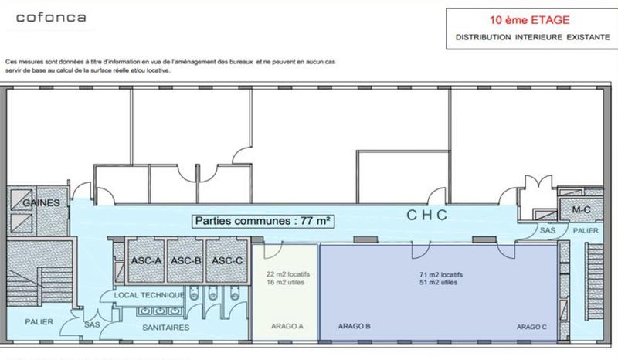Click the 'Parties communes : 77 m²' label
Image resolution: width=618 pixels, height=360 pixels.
264,221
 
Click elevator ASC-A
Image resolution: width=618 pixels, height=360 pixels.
146,261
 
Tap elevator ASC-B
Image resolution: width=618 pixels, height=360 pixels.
186,261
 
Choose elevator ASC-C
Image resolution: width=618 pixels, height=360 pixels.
227,261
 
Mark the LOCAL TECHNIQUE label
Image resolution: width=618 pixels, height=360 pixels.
148,295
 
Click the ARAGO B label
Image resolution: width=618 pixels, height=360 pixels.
355,327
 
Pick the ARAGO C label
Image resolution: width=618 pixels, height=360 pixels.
532,327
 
